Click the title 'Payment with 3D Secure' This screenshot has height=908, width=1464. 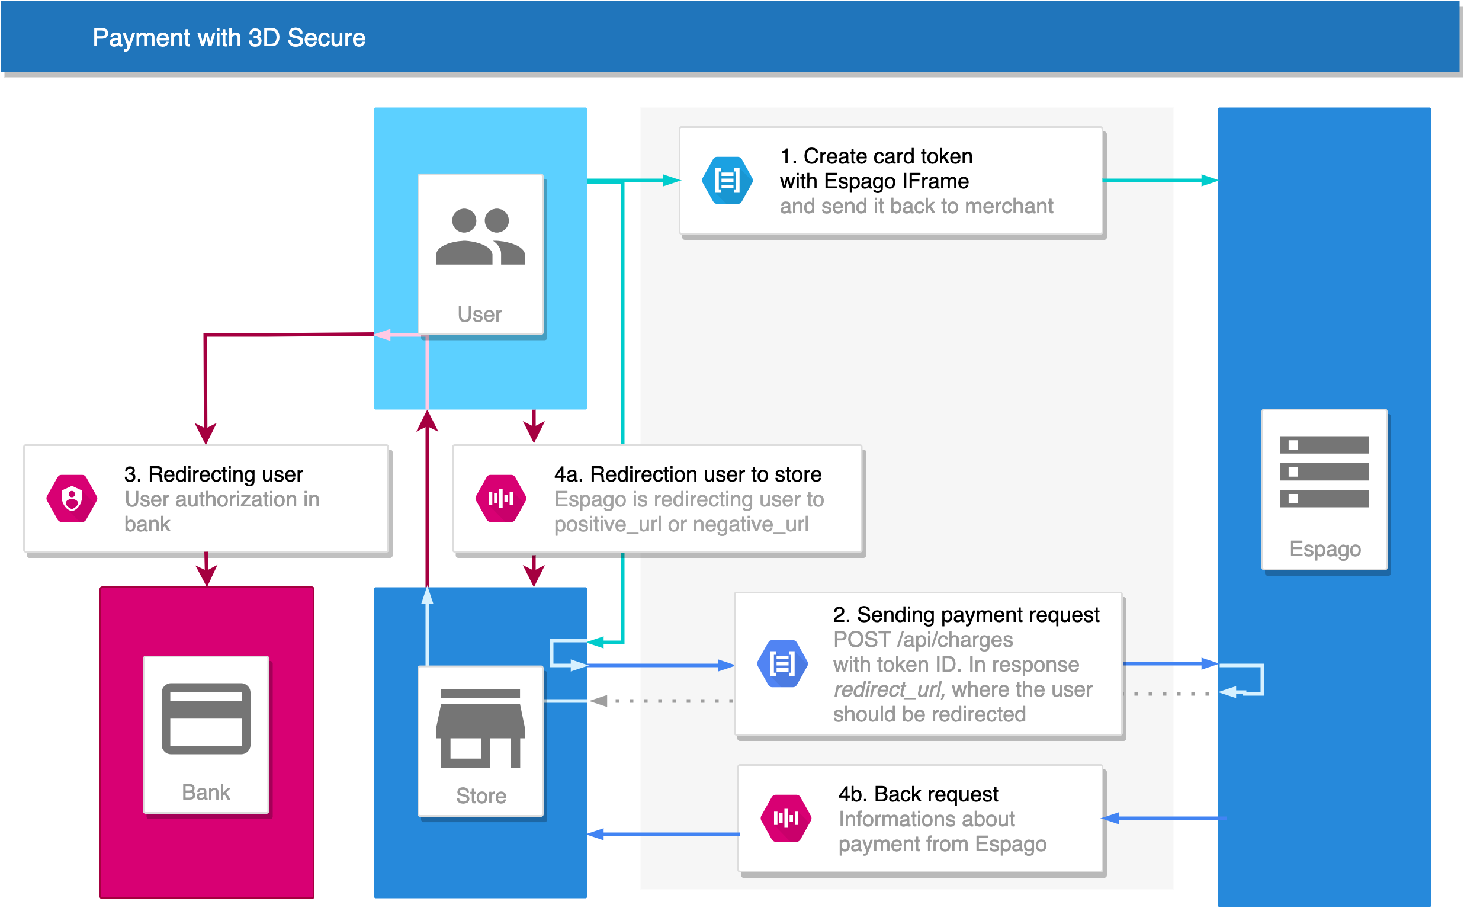[x=229, y=38]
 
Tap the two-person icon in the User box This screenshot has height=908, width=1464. [x=480, y=236]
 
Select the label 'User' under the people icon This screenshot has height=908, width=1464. [x=480, y=314]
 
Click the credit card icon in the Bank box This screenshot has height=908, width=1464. [x=206, y=718]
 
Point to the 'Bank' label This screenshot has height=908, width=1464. [x=206, y=792]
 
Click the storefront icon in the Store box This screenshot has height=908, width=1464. [x=480, y=728]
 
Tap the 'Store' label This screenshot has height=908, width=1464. [x=481, y=795]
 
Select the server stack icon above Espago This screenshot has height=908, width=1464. [x=1324, y=471]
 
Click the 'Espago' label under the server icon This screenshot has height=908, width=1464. [x=1325, y=550]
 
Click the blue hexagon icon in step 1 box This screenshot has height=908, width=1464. [x=727, y=180]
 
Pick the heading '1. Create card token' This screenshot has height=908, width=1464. [x=876, y=156]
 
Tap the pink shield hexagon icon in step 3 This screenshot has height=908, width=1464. [x=72, y=499]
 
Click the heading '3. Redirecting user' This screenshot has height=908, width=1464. [x=213, y=474]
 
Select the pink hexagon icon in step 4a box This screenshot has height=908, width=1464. [x=501, y=499]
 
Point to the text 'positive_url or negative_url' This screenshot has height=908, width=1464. [x=681, y=524]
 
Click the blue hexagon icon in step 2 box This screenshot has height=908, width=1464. [x=782, y=663]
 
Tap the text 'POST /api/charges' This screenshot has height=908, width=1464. [x=923, y=640]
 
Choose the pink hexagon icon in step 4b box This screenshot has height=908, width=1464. [x=785, y=818]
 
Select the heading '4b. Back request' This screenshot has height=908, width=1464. [x=918, y=794]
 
